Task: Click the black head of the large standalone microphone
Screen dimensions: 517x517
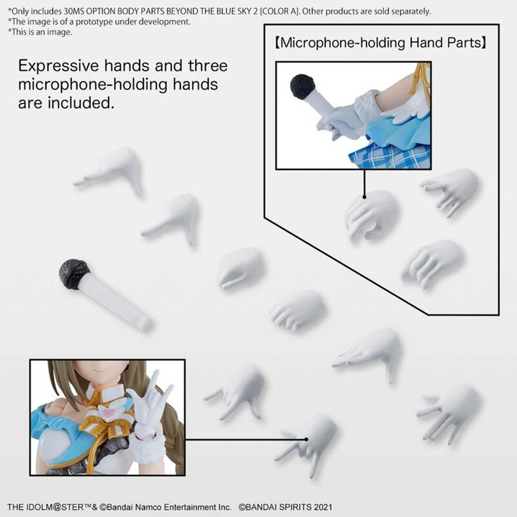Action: click(74, 273)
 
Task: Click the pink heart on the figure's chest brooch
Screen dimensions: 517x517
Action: click(106, 411)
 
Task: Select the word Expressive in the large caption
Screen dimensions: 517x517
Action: click(59, 66)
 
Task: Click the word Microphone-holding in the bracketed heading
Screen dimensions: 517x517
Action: click(342, 43)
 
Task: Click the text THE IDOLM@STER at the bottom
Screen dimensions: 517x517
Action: click(45, 507)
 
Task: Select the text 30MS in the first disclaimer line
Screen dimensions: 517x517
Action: click(74, 11)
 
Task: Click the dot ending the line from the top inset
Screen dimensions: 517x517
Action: click(364, 197)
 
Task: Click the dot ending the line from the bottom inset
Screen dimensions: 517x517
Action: click(306, 439)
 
